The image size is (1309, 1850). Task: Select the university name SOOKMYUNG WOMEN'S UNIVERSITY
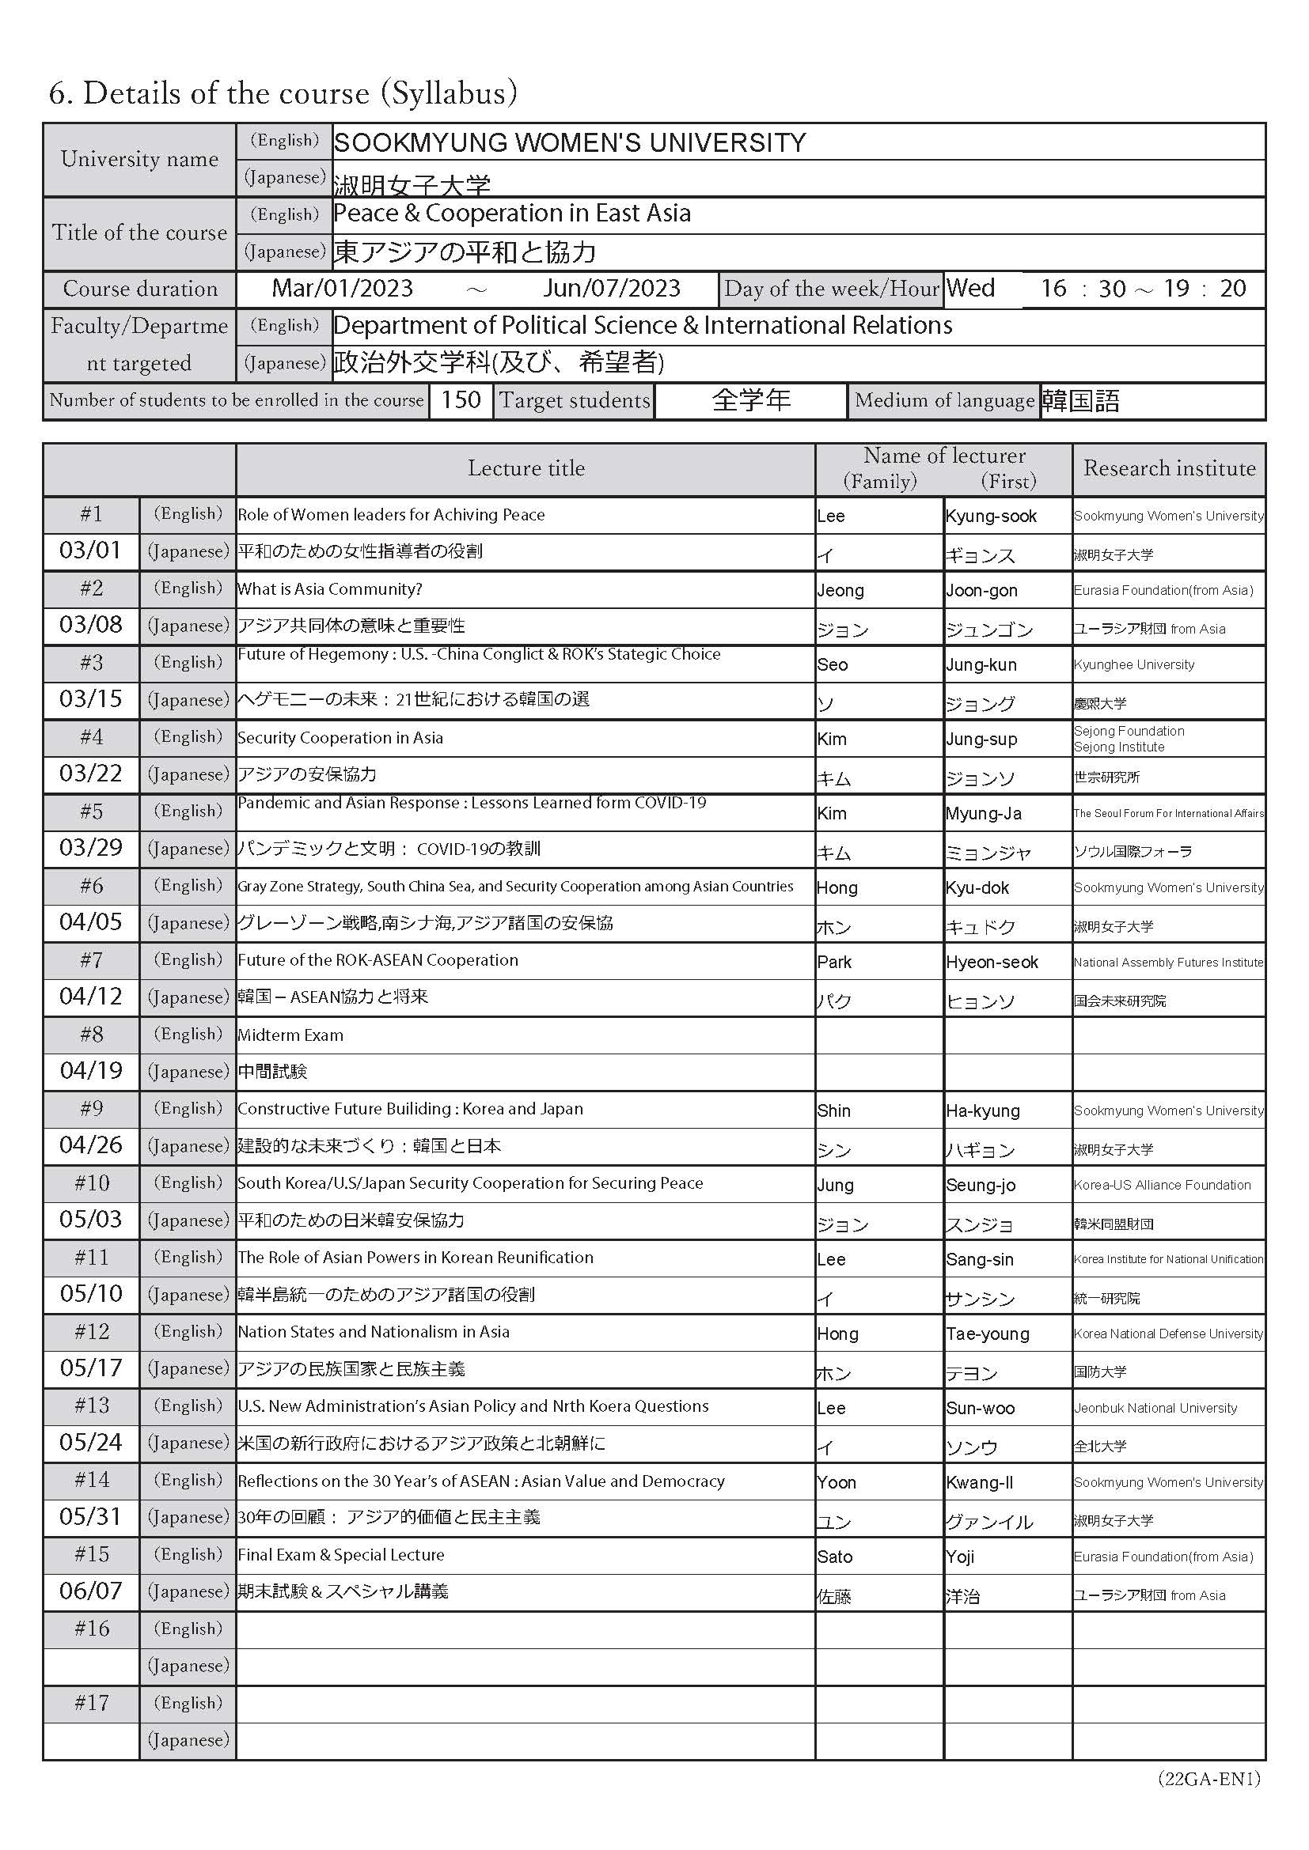569,143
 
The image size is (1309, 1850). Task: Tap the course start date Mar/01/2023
343,289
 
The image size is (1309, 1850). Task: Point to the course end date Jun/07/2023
611,289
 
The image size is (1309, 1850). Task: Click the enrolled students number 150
461,399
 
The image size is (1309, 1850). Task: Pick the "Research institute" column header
1169,468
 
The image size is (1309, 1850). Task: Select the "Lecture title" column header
526,468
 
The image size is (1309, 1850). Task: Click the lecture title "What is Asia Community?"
330,589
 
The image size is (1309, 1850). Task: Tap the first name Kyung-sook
991,516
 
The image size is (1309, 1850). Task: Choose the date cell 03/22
91,774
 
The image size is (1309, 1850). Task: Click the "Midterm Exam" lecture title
290,1035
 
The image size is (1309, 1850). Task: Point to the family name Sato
834,1557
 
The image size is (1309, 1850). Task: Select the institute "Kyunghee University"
1133,664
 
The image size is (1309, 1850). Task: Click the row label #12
91,1331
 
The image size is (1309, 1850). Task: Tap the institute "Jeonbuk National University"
1154,1408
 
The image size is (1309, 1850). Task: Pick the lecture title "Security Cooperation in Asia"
340,738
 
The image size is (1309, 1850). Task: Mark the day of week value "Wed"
970,289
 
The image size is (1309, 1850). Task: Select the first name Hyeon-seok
992,962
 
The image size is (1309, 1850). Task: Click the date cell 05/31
91,1516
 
